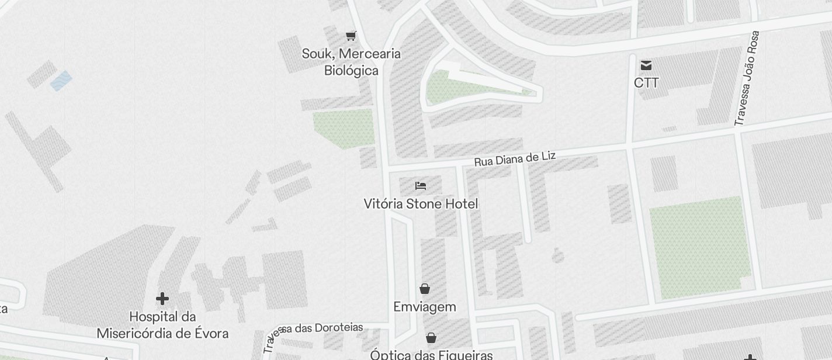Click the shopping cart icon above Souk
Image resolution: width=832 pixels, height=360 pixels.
click(351, 36)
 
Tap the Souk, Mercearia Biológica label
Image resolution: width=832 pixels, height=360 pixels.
click(351, 62)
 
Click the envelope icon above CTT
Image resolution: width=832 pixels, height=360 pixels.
click(646, 65)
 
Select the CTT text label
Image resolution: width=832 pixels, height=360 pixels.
click(646, 83)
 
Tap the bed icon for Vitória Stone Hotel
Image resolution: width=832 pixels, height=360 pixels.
click(421, 186)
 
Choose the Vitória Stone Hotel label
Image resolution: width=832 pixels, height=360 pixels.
click(421, 204)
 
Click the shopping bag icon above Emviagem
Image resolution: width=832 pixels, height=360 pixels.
click(425, 289)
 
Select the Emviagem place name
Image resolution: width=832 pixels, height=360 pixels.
click(425, 307)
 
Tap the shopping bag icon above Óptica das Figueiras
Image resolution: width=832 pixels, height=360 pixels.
click(431, 338)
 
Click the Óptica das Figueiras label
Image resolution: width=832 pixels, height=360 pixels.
click(431, 354)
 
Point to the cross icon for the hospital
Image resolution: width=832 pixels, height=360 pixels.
click(162, 299)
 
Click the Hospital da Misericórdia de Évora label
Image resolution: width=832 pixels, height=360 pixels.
click(162, 325)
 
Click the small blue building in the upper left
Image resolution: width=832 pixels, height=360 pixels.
click(61, 81)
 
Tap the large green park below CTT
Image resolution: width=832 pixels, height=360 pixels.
click(700, 247)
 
